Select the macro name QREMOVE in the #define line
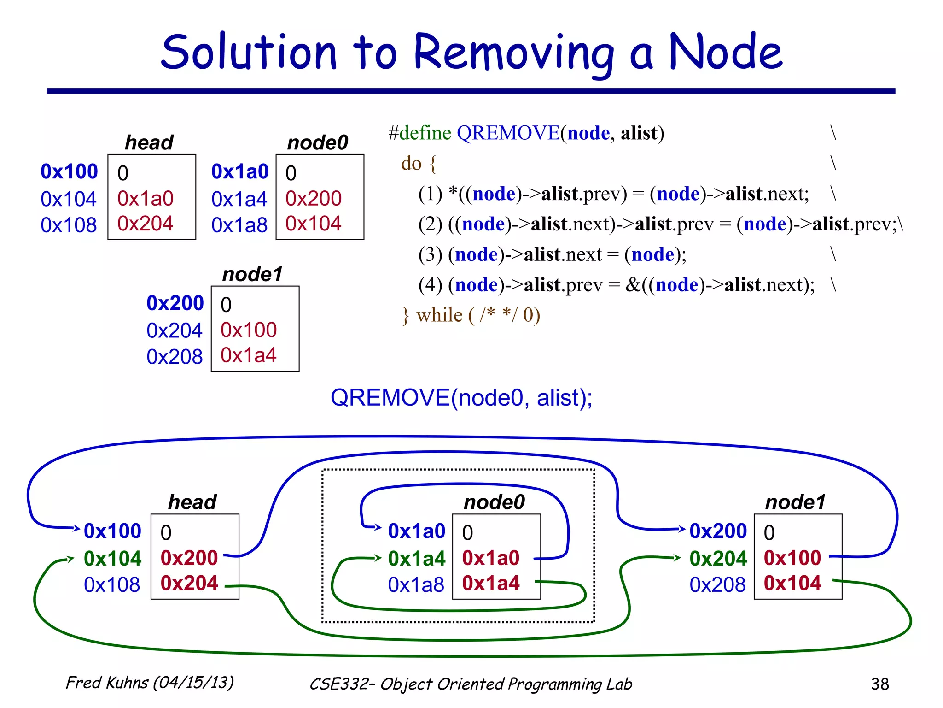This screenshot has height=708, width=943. (508, 133)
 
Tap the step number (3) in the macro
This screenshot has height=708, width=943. (430, 254)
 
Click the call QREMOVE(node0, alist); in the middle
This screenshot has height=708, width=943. (461, 398)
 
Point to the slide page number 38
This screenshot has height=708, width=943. (879, 684)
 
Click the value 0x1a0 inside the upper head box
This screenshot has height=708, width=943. (145, 199)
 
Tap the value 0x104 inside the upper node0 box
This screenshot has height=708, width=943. (313, 224)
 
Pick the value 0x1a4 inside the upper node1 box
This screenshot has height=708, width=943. (248, 355)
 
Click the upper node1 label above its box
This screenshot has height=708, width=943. (252, 275)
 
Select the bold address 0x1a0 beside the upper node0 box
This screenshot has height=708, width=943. (239, 172)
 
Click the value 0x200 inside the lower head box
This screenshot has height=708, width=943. (189, 558)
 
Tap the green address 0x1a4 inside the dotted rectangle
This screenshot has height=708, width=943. (416, 559)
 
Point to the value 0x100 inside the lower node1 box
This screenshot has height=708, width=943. (792, 558)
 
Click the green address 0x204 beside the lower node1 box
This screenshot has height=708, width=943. (718, 559)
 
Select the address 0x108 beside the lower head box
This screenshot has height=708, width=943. (112, 585)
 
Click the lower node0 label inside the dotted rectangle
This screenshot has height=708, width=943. (494, 502)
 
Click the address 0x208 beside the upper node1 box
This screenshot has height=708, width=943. (175, 357)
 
